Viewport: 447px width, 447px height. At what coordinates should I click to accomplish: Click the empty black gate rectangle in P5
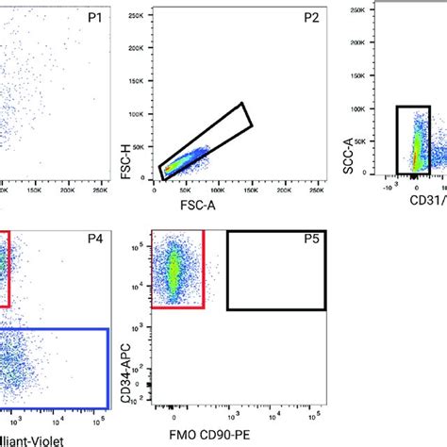tap(276, 271)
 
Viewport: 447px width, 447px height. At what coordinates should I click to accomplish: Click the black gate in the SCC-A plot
tap(413, 141)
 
